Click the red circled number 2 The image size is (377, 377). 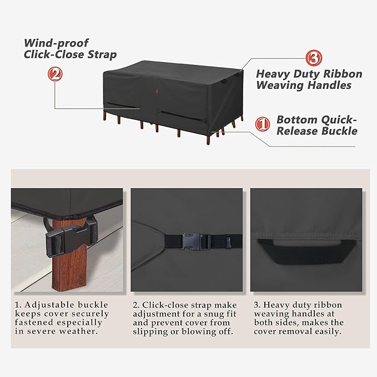[55, 74]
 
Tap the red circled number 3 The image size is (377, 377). [314, 58]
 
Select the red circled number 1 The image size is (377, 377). [262, 124]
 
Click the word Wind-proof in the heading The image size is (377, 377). [56, 43]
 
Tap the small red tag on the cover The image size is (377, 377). [156, 91]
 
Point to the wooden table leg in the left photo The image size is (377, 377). [69, 255]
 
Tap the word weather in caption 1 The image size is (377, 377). [78, 331]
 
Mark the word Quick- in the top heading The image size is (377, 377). [339, 119]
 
